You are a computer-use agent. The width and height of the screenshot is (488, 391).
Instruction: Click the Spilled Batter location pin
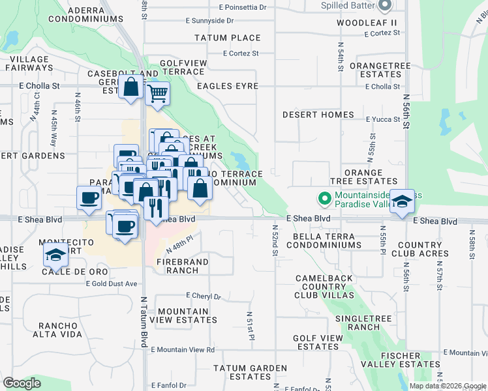pos(384,6)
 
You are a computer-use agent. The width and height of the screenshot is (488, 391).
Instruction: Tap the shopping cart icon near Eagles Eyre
pos(157,93)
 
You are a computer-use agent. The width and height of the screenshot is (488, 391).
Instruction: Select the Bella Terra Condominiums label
pos(324,240)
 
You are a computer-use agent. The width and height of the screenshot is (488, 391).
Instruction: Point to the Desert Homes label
pos(318,115)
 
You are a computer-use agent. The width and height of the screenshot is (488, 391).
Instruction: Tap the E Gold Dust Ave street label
pos(112,283)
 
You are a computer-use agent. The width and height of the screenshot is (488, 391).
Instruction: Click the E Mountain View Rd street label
pos(183,350)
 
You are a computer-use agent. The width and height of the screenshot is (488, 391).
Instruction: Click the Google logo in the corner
pos(22,384)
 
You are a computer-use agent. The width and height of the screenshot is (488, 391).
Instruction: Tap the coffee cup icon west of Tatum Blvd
pos(89,197)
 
